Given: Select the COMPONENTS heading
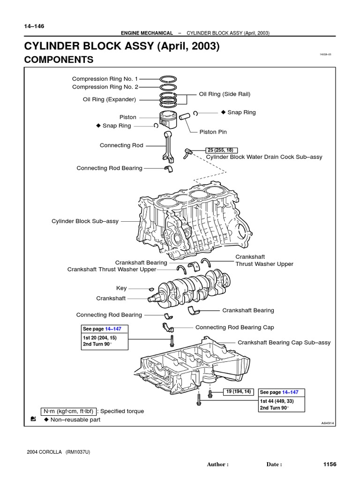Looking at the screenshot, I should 59,60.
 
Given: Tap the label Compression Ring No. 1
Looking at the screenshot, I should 105,79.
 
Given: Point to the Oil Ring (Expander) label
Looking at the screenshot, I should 109,99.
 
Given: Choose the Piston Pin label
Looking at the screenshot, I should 213,132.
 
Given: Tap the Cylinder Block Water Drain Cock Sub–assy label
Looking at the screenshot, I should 264,157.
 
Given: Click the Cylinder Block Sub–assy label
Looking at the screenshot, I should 85,221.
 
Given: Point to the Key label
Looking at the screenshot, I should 121,288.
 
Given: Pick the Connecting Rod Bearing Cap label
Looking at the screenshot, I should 234,327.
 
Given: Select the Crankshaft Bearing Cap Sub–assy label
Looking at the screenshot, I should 284,343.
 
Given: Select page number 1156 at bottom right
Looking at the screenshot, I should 330,464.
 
